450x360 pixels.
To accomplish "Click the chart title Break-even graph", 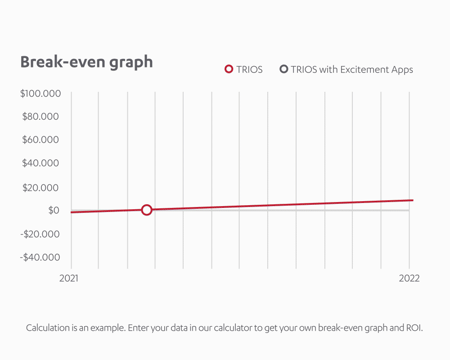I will [x=86, y=62].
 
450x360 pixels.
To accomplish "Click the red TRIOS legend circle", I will [x=229, y=69].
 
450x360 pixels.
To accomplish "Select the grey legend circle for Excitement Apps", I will [x=283, y=69].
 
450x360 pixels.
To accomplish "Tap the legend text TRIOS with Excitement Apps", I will [x=351, y=70].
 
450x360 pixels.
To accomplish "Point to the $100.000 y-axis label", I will [x=40, y=94].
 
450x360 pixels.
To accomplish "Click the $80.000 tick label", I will [x=40, y=117].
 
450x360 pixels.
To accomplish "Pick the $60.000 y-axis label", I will [x=40, y=140].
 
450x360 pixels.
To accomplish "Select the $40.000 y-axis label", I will [x=40, y=163].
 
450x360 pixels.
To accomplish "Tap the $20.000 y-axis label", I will [x=40, y=187].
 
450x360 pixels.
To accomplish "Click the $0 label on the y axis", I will [x=54, y=210].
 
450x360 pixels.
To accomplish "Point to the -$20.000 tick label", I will [x=39, y=234].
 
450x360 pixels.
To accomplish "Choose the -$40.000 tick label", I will [x=39, y=257].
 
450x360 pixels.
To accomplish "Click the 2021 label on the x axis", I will [x=69, y=278].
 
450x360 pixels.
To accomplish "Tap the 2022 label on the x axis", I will [x=409, y=278].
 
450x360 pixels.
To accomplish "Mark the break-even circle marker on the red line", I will [x=146, y=210].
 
